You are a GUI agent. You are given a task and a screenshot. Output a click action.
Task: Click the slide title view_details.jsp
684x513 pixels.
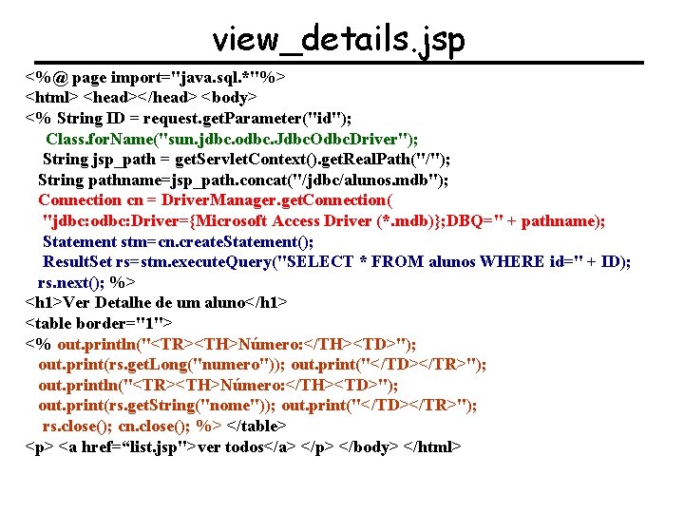click(x=339, y=39)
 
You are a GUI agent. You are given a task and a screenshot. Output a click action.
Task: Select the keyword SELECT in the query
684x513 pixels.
click(x=311, y=261)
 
